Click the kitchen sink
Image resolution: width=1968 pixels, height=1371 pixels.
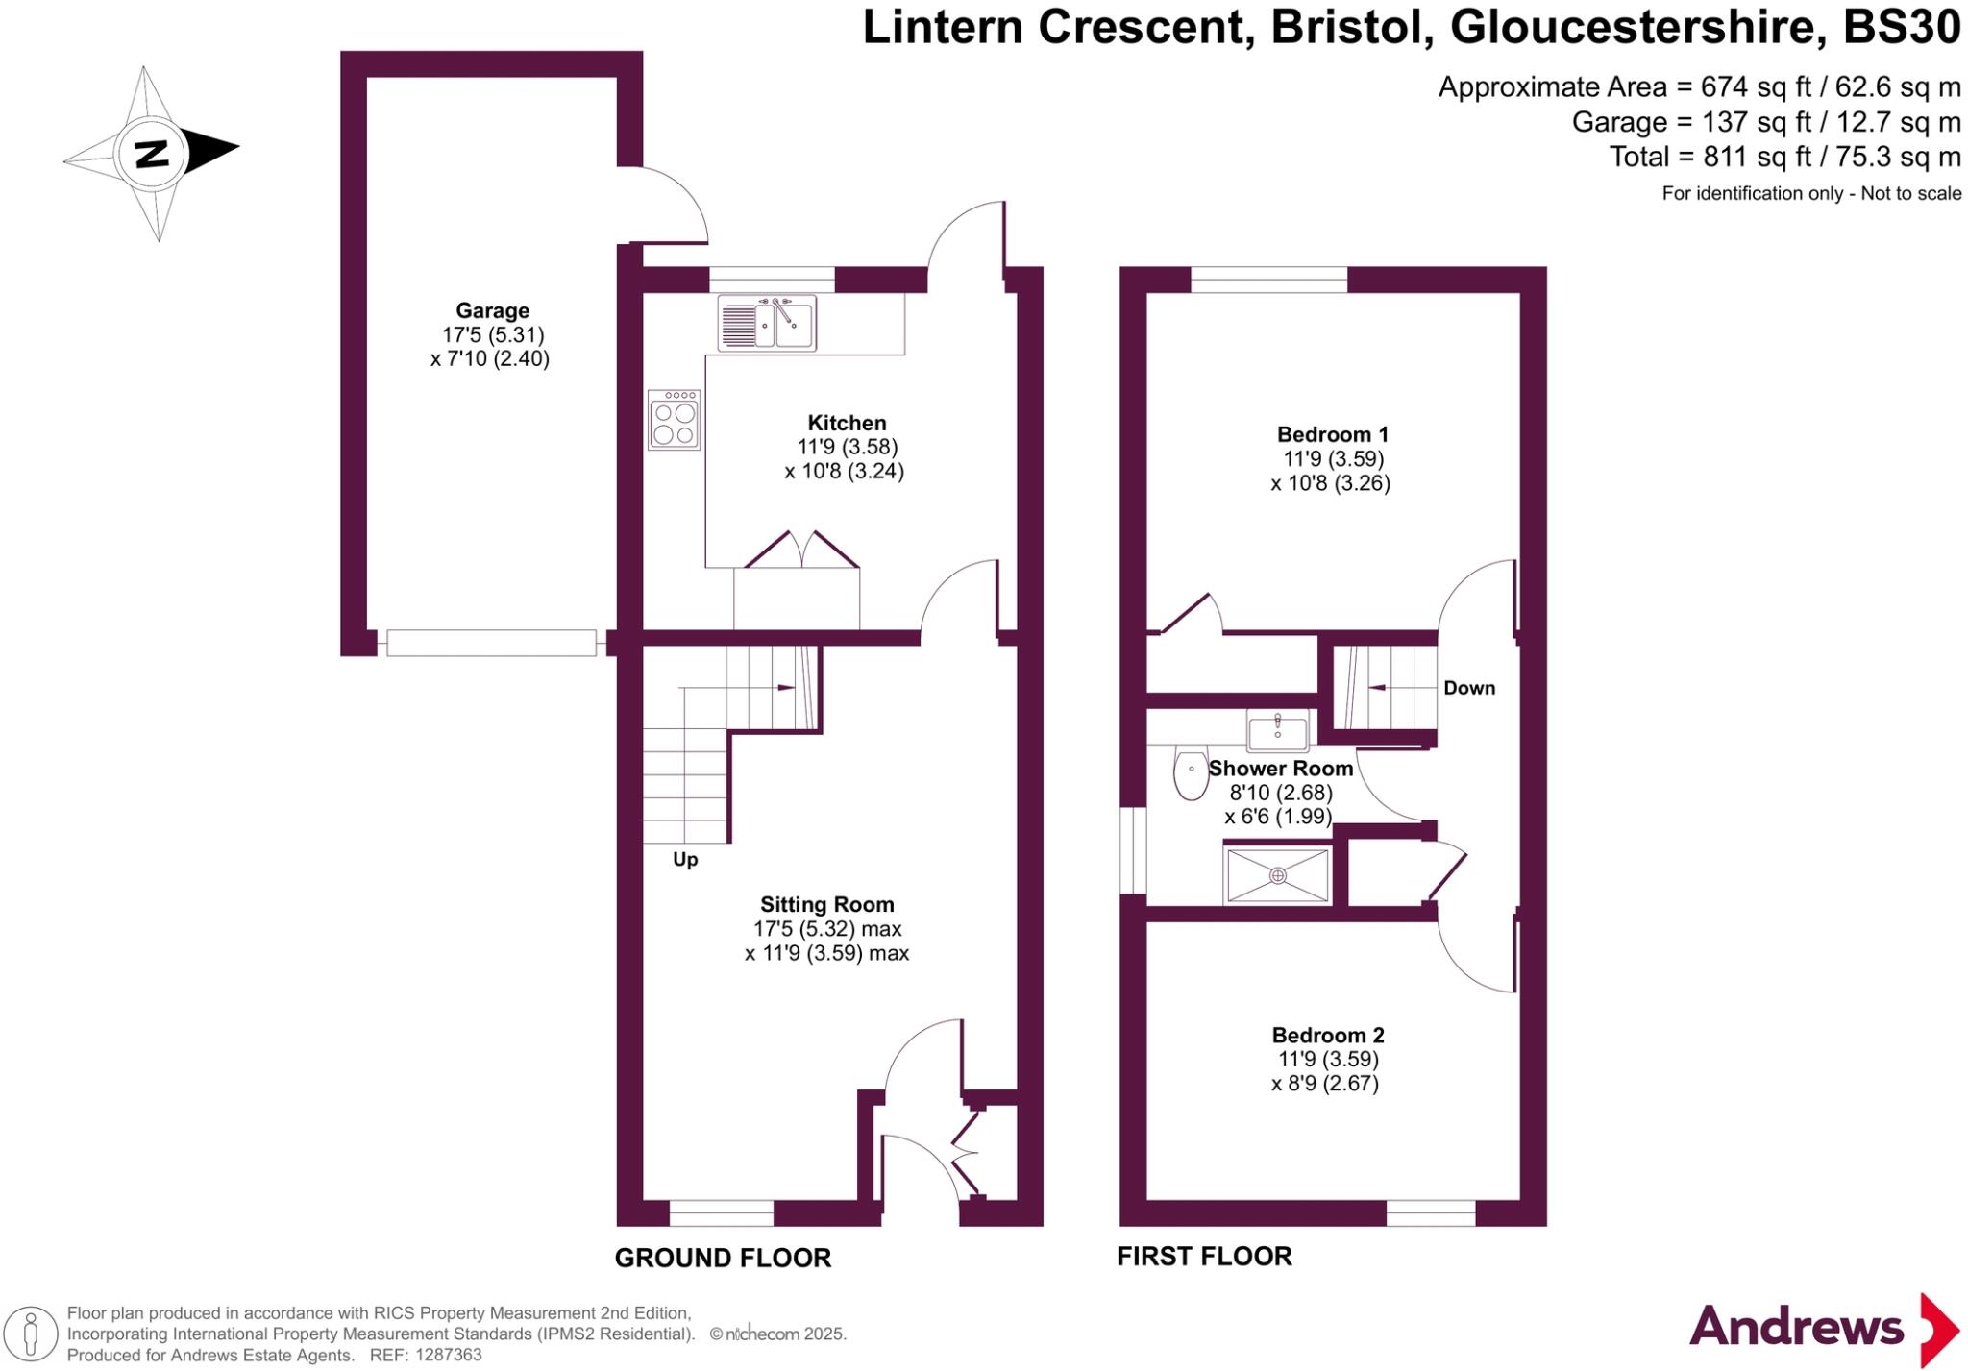(767, 323)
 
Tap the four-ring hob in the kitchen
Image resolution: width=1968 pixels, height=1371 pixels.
(674, 420)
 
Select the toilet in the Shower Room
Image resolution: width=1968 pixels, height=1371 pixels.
(1192, 775)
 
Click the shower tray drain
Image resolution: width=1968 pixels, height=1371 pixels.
(1278, 875)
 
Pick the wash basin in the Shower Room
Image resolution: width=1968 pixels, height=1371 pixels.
(1278, 731)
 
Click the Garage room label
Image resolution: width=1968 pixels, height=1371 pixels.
(492, 310)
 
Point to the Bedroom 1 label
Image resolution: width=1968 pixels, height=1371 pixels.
(1333, 434)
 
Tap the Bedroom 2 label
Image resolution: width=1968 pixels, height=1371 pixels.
(1328, 1035)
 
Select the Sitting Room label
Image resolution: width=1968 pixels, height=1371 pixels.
(827, 904)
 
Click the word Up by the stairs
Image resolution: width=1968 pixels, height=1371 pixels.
(685, 859)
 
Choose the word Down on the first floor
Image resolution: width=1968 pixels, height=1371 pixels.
(1469, 688)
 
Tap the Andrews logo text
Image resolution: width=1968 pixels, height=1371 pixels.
(1796, 1327)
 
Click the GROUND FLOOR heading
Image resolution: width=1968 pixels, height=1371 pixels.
(723, 1258)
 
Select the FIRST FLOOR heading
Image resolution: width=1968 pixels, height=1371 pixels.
(1204, 1256)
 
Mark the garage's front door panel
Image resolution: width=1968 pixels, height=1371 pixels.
(492, 643)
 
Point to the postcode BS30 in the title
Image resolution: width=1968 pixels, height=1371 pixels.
(1902, 27)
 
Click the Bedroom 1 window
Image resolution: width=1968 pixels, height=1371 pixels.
(1269, 280)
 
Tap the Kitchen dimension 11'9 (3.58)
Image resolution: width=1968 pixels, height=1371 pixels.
(847, 447)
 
